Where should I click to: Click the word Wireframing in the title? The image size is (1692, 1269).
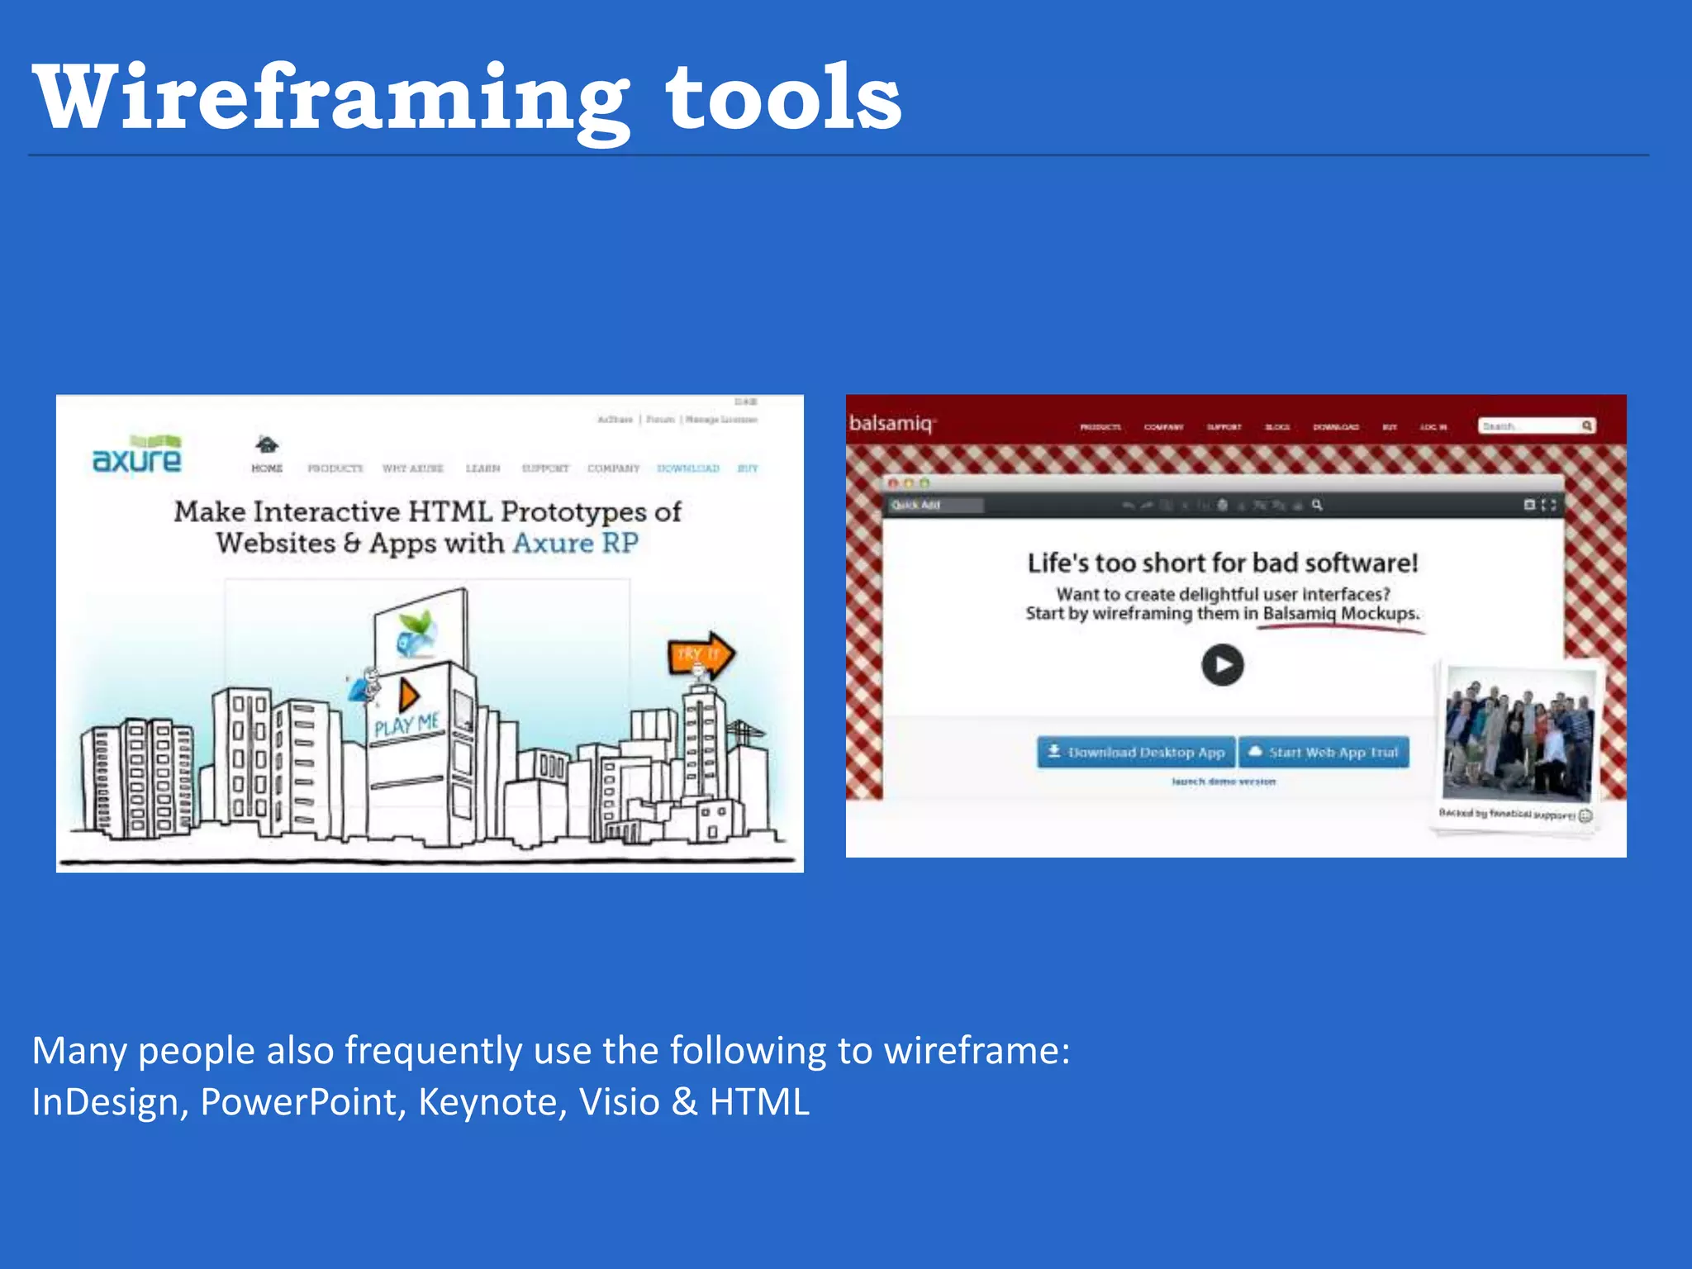pos(330,99)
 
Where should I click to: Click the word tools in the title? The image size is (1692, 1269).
pos(782,99)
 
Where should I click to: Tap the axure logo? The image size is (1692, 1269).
pos(137,456)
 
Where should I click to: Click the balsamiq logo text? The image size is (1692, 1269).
pos(891,424)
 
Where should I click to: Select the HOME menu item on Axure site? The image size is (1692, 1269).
pos(267,468)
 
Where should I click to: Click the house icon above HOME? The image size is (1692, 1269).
pos(267,444)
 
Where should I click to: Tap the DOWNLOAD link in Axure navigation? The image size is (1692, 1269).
pos(688,468)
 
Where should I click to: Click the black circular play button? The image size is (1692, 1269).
pos(1223,665)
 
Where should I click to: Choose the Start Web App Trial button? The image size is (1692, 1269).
pos(1324,752)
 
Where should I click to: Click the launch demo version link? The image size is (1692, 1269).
pos(1224,782)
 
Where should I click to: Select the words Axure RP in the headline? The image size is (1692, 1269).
pos(576,544)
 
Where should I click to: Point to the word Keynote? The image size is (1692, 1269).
pos(492,1102)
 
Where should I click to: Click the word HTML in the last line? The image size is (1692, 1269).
pos(759,1102)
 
